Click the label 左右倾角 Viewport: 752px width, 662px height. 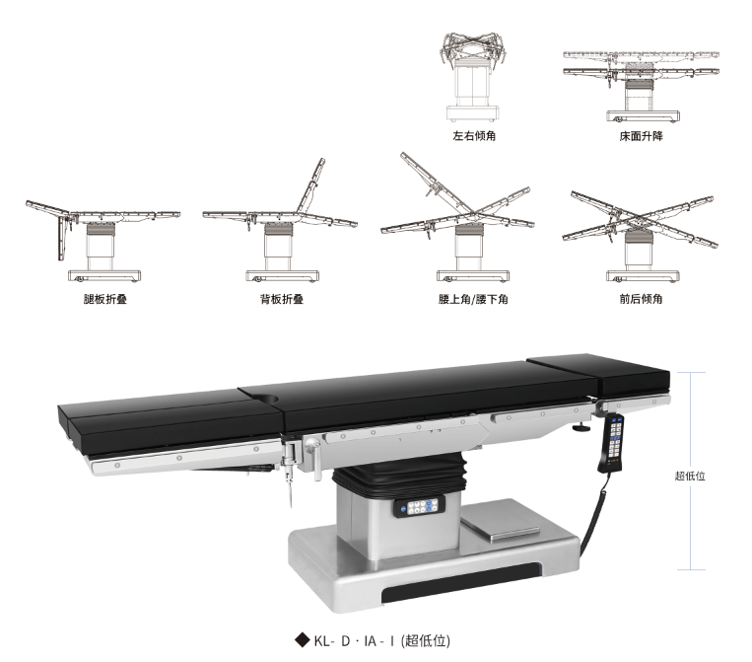tap(474, 136)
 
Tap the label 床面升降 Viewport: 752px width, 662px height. tap(641, 136)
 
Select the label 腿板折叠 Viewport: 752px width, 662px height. tap(105, 299)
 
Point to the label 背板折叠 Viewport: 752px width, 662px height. tap(282, 299)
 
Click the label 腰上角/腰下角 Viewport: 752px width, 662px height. tap(473, 299)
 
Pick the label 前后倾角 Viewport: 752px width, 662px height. tap(641, 299)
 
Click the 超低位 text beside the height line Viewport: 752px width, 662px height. tap(690, 476)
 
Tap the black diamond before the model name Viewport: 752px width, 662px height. tap(303, 640)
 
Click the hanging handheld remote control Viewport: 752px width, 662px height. tap(611, 444)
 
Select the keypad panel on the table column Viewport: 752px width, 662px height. tap(419, 507)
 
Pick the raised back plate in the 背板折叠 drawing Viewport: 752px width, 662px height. tap(310, 185)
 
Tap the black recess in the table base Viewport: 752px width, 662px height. tap(461, 583)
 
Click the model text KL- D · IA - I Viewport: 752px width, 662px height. tap(355, 640)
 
